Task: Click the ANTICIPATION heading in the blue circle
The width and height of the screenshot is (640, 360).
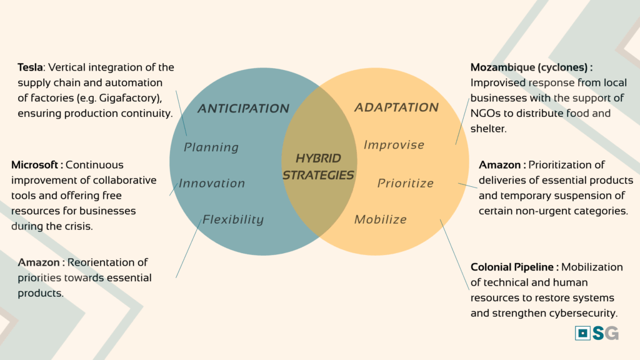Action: [x=243, y=109]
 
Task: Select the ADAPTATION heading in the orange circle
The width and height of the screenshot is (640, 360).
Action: [x=396, y=107]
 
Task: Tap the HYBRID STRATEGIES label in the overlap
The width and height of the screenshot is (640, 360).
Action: [x=318, y=167]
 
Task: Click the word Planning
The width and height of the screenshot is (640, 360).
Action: [x=211, y=147]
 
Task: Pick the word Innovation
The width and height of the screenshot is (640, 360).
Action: [x=212, y=184]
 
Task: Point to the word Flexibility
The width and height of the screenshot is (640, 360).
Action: [x=232, y=220]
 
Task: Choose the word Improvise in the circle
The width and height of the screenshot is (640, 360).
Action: [x=394, y=145]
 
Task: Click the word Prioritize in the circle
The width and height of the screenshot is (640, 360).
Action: [x=406, y=183]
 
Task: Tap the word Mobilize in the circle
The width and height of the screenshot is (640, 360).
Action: [x=381, y=219]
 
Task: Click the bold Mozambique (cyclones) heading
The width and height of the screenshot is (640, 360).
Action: [x=531, y=67]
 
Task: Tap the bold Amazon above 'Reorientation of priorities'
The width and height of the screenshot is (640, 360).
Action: [x=40, y=262]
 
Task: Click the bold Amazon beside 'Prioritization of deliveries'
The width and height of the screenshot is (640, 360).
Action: [x=501, y=165]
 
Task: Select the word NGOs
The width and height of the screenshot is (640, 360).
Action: [x=486, y=114]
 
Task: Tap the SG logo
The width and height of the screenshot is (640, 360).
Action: [x=597, y=333]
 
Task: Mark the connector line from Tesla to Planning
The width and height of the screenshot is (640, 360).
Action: [x=181, y=112]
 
